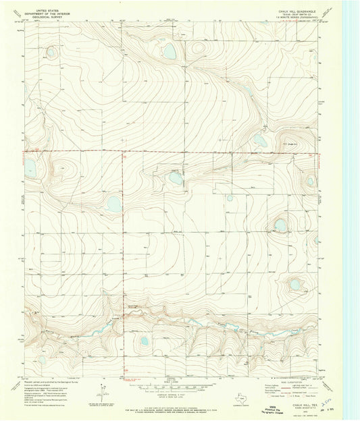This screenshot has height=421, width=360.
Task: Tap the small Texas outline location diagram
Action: (100, 389)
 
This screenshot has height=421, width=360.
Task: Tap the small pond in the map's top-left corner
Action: (51, 51)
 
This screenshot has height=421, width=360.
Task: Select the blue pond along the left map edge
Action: (30, 167)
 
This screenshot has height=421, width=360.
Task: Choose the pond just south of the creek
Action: (144, 341)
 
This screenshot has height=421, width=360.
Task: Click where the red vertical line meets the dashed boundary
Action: (124, 152)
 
